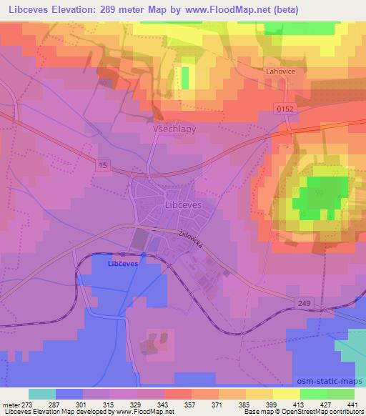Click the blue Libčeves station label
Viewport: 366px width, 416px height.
point(122,263)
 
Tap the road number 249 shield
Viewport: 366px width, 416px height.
point(305,304)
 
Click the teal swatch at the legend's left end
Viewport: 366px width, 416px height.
point(42,394)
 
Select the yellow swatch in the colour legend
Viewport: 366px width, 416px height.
point(286,394)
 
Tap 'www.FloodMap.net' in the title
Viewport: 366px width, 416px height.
point(229,11)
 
